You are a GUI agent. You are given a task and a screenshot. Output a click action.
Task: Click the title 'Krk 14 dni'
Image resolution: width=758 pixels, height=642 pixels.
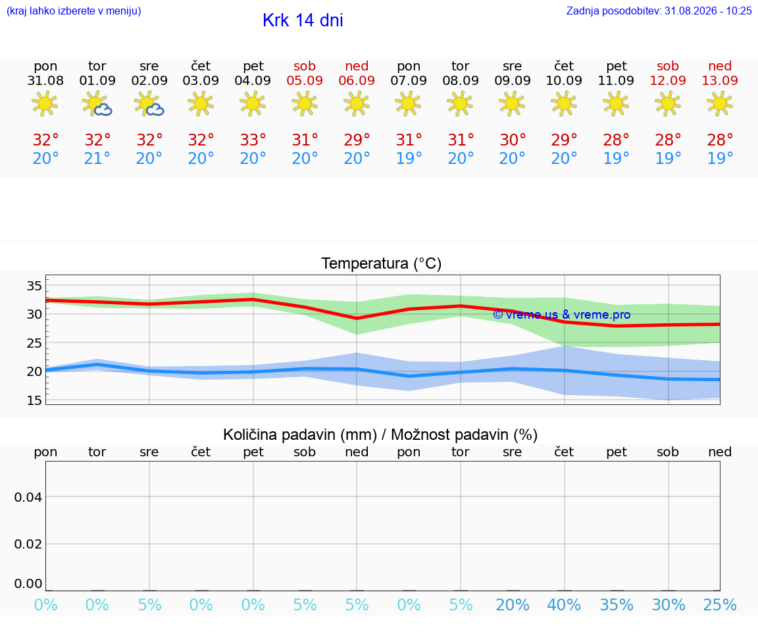(303, 20)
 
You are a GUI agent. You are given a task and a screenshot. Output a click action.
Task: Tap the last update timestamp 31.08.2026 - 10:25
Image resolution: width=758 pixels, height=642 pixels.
(708, 11)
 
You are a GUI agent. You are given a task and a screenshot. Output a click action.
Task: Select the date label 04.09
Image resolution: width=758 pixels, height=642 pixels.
(253, 80)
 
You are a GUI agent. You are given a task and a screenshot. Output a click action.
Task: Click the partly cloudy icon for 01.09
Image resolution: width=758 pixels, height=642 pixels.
(97, 103)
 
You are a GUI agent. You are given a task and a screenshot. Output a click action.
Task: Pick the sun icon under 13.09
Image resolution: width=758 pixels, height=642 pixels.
(720, 103)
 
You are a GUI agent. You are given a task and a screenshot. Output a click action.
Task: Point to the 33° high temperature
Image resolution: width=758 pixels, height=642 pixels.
(253, 140)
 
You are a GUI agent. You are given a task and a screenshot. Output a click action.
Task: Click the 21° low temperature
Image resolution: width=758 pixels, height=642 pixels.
(97, 158)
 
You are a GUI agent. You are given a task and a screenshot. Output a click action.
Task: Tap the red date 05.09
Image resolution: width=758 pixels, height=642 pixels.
(305, 80)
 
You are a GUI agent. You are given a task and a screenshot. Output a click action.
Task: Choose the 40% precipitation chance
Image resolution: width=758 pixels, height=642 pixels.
(564, 604)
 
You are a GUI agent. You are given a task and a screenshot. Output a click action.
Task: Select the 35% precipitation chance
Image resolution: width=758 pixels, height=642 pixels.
(617, 604)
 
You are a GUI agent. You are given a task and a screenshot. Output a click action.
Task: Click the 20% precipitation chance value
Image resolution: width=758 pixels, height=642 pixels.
(513, 604)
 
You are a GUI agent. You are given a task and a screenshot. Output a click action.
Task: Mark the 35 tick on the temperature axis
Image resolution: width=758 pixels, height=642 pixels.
(34, 286)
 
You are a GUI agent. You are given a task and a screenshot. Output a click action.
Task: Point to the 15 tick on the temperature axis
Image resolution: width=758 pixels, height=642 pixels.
(34, 400)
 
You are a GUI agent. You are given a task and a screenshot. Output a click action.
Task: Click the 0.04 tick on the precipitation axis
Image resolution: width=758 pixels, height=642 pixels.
(28, 497)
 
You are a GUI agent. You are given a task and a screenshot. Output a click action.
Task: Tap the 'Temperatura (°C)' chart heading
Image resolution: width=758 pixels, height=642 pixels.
(382, 263)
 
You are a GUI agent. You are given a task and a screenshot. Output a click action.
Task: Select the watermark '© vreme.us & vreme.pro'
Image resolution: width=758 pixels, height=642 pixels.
(562, 315)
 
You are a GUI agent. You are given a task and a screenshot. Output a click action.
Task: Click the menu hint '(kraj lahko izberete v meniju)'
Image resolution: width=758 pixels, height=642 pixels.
(74, 11)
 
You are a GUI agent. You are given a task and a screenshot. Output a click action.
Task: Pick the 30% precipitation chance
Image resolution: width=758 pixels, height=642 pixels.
(669, 604)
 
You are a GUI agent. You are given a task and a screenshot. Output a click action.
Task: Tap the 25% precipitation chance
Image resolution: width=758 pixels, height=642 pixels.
(720, 604)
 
